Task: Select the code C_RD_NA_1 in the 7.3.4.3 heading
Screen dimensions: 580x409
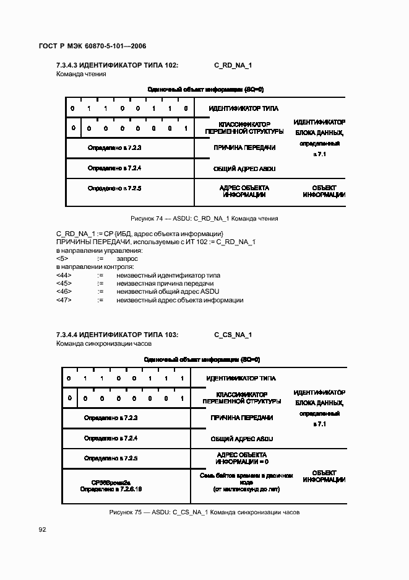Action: pyautogui.click(x=233, y=64)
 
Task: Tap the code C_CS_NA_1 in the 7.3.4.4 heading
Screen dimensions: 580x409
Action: pyautogui.click(x=233, y=335)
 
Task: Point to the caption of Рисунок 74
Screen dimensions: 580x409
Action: pyautogui.click(x=204, y=219)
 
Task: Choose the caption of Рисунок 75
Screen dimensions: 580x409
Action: pyautogui.click(x=204, y=512)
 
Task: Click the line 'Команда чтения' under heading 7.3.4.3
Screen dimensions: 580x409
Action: pyautogui.click(x=81, y=74)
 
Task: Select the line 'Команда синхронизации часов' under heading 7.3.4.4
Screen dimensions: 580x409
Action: pyautogui.click(x=104, y=343)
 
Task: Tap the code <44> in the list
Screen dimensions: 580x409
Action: pyautogui.click(x=64, y=275)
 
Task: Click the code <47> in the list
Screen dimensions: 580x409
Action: pyautogui.click(x=64, y=300)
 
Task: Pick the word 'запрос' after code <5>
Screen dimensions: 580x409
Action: pyautogui.click(x=127, y=258)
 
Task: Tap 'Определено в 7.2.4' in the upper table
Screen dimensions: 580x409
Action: pyautogui.click(x=114, y=168)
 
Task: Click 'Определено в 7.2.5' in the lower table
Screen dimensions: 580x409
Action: pyautogui.click(x=111, y=458)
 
